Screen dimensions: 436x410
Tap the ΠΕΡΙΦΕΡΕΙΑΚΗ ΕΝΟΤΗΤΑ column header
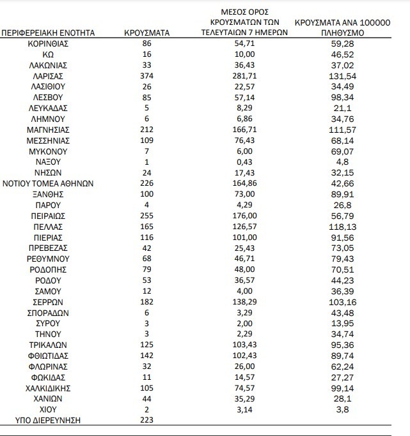pos(49,31)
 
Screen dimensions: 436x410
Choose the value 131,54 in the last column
pos(343,75)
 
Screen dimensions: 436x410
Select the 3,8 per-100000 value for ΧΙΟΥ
pos(343,409)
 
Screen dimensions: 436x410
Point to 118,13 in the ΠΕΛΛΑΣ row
pos(343,227)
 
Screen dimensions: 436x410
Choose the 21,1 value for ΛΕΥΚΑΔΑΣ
pos(343,108)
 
